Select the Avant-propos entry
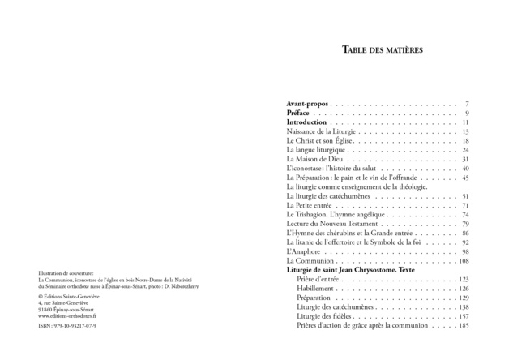[309, 104]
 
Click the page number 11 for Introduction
[465, 122]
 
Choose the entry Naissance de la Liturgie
[322, 131]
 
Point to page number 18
[465, 141]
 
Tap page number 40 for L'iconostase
[465, 169]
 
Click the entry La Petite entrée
[310, 205]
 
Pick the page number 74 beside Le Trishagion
[465, 215]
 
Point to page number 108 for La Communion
[464, 261]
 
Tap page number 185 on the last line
[464, 326]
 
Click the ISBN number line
[69, 326]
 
